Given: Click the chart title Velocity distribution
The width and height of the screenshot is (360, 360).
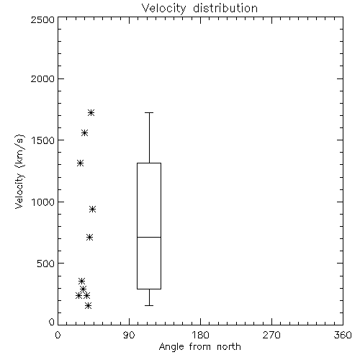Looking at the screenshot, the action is point(199,8).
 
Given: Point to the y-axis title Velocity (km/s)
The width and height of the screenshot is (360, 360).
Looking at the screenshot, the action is point(19,171).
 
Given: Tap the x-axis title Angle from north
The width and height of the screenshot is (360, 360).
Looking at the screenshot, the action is point(199,346).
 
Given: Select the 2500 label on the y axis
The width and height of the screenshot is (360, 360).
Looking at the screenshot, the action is point(42,19).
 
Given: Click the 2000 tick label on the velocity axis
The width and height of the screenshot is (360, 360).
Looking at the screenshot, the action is point(42,78).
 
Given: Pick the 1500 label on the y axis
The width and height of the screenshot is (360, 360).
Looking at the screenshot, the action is point(43,140).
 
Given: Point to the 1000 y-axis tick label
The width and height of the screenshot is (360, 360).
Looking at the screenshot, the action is point(43,202).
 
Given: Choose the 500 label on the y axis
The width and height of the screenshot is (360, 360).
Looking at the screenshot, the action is point(45,264).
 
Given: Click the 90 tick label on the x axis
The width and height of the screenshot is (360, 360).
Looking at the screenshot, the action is point(129,335).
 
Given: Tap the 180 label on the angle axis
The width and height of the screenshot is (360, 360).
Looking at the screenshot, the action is point(200,335).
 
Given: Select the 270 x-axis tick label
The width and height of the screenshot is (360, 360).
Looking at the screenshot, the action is point(271,335).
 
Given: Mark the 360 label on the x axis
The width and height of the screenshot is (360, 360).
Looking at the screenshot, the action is point(343,335).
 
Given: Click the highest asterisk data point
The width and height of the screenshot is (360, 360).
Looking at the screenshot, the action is point(91,112).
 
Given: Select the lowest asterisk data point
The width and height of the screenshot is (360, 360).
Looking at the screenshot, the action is point(89,305).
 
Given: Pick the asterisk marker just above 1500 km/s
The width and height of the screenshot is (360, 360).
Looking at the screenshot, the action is point(84,132).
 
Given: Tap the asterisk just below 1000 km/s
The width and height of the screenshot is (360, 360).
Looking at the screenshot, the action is point(93,210).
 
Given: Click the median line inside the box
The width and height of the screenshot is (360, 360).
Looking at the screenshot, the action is point(149,237).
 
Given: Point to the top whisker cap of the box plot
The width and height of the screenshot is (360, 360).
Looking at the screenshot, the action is point(149,112).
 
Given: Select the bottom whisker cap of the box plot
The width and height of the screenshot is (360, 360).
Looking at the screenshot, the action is point(149,305).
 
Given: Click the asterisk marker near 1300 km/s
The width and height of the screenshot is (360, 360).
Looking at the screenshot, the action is point(80,163).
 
